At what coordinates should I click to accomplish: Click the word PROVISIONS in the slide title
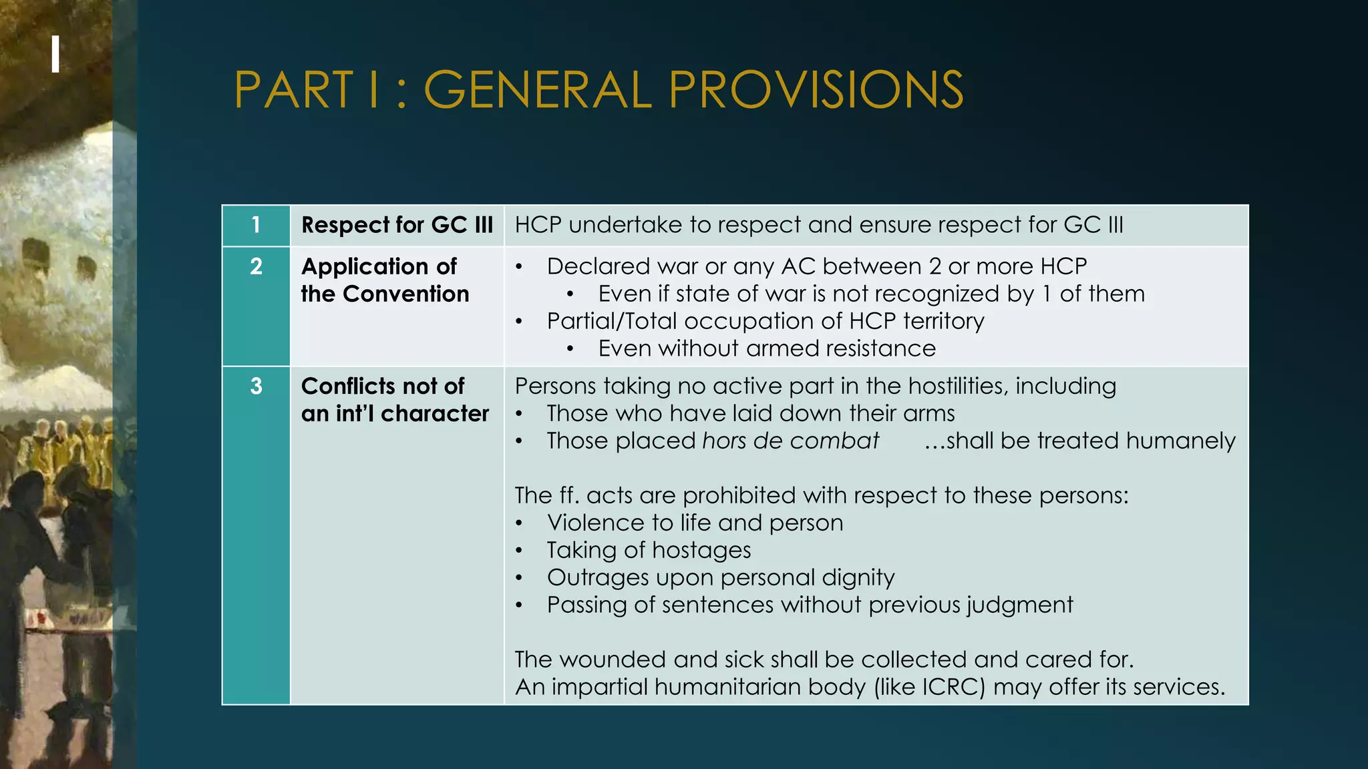(x=816, y=90)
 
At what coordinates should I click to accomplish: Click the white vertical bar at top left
(x=55, y=54)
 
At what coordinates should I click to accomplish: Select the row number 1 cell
(x=256, y=226)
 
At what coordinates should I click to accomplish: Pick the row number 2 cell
(x=256, y=267)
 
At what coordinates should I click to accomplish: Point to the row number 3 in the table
(x=256, y=387)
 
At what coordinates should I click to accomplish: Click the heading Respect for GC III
(x=397, y=226)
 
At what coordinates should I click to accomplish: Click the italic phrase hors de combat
(x=790, y=441)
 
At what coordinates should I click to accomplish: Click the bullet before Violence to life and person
(x=519, y=523)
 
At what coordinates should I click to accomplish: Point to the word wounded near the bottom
(x=613, y=660)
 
